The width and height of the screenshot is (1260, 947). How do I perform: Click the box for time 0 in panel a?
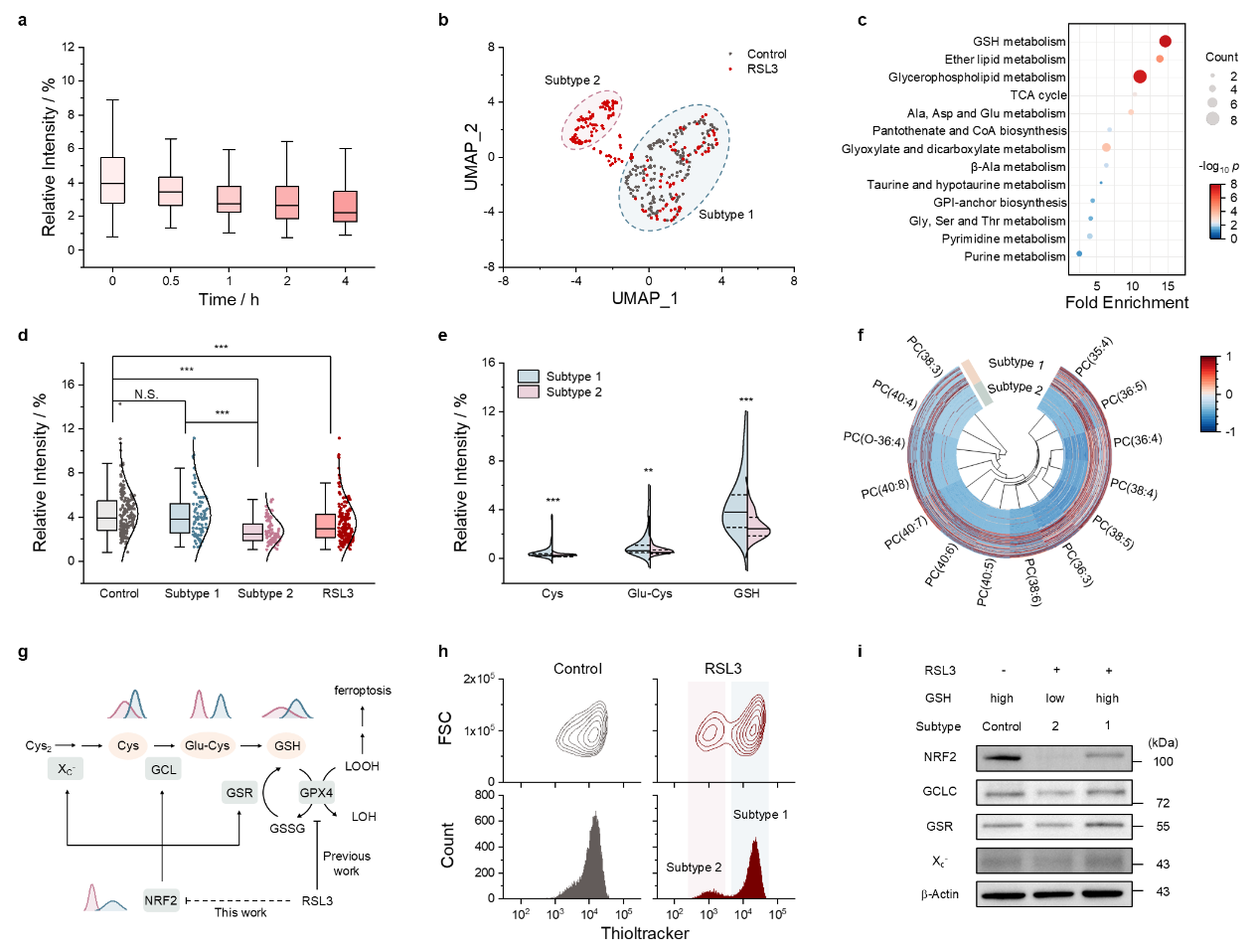[x=112, y=180]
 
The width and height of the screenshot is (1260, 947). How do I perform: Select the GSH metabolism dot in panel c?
[x=1165, y=41]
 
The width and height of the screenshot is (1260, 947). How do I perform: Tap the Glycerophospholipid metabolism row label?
[x=977, y=78]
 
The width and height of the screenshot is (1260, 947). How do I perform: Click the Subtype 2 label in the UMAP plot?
[x=571, y=80]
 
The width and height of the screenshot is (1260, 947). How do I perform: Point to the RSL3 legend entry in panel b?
[x=762, y=69]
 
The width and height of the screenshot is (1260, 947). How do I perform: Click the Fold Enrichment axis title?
[x=1126, y=303]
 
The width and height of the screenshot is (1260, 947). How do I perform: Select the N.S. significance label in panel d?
[x=146, y=395]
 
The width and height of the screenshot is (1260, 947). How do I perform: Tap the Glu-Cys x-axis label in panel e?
[x=650, y=593]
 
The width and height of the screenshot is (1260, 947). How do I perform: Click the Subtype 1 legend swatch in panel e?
[x=529, y=377]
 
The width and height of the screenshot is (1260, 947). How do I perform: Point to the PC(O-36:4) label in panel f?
[x=874, y=439]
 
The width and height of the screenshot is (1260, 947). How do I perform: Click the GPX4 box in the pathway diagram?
[x=316, y=793]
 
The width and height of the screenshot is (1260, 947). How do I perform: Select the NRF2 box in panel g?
[x=161, y=900]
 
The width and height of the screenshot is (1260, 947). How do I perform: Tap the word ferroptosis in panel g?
[x=363, y=691]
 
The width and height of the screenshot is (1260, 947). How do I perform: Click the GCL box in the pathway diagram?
[x=164, y=769]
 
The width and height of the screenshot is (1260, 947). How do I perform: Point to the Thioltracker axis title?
[x=644, y=933]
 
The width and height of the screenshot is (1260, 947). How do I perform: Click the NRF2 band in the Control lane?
[x=1001, y=758]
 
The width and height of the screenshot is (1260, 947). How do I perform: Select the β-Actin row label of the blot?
[x=939, y=894]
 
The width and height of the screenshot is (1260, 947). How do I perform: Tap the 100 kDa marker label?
[x=1163, y=762]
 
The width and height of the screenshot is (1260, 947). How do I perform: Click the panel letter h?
[x=443, y=652]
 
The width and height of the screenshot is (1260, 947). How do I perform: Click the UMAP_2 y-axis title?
[x=471, y=157]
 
